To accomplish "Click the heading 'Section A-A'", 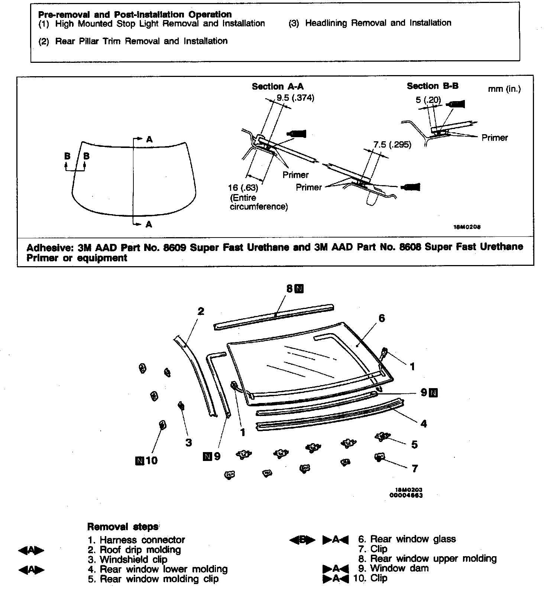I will click(278, 87).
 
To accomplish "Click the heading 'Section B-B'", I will click(433, 86).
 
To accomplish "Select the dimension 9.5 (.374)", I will click(295, 98).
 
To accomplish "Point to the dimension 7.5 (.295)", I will click(392, 145).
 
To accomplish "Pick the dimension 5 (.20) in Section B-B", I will click(428, 100).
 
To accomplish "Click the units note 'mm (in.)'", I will click(504, 89).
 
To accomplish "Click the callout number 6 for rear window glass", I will click(382, 318).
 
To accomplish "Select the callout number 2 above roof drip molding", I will click(201, 311).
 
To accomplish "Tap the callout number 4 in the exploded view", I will click(423, 423).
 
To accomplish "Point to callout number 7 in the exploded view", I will click(415, 468).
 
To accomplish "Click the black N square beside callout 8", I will click(299, 288).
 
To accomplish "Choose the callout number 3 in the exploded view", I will click(189, 442).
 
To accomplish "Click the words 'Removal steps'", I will click(123, 527).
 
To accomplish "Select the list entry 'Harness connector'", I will click(142, 540).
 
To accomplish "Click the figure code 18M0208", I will click(467, 227).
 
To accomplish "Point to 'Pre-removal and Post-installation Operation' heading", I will click(135, 14).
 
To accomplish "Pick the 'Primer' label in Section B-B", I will click(494, 138).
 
